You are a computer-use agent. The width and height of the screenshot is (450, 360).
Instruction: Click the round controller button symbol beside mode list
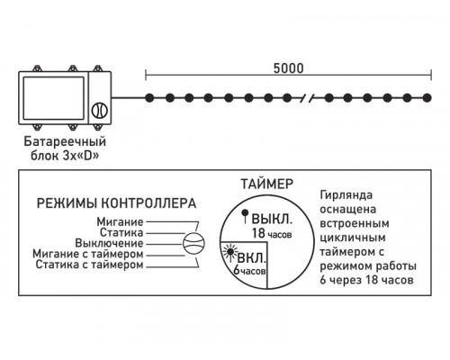[193, 243]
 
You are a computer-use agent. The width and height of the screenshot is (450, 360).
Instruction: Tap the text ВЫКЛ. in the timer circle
[270, 219]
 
